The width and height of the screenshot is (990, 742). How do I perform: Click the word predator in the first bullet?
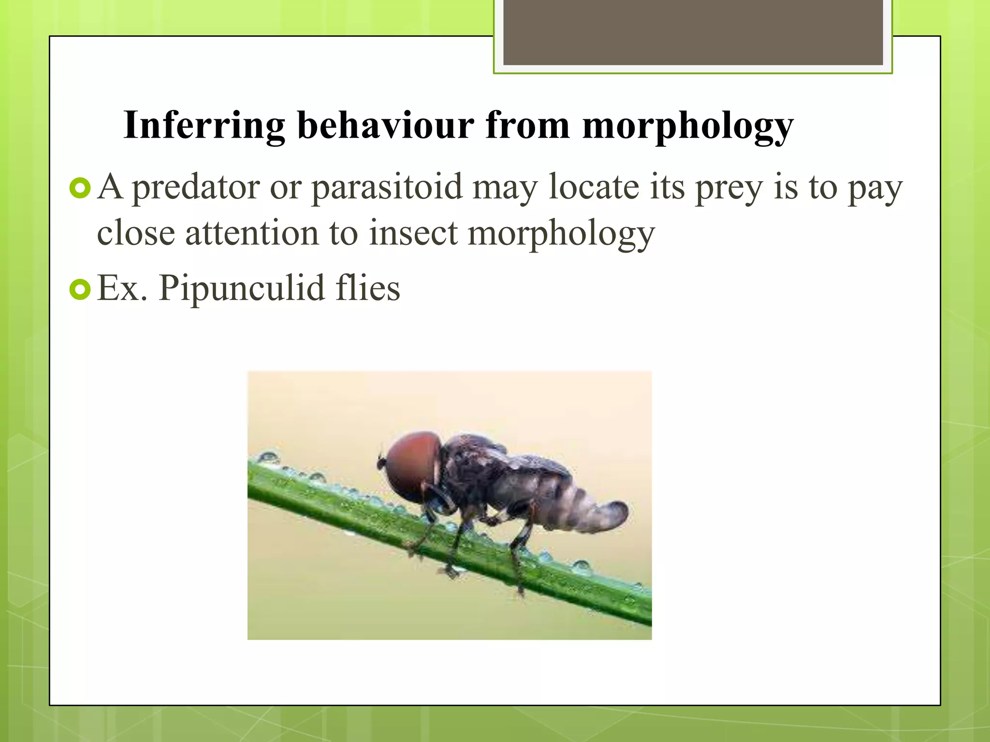click(196, 187)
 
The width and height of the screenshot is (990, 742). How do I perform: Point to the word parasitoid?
click(387, 187)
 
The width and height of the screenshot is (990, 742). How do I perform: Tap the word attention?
click(252, 233)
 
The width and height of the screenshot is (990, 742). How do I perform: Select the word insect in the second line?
click(413, 233)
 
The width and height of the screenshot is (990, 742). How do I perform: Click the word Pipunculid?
click(242, 288)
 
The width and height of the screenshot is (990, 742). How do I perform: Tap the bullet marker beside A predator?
click(80, 188)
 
